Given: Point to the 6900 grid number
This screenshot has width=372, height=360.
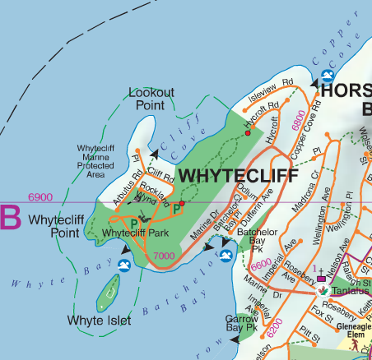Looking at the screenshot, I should tap(40, 197).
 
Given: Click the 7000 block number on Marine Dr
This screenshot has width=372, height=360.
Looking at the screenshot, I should tap(163, 257).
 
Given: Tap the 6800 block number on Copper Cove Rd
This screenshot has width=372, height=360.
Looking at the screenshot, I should tap(297, 124).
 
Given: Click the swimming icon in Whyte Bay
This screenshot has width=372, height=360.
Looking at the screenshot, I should tap(124, 265).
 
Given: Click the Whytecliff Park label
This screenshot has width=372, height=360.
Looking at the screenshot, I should tap(123, 233).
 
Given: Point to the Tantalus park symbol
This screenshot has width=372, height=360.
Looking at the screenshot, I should tap(323, 292).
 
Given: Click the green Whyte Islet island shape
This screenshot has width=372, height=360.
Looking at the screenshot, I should tap(108, 290).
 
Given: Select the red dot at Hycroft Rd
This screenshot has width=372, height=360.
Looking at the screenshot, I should tap(247, 132).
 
